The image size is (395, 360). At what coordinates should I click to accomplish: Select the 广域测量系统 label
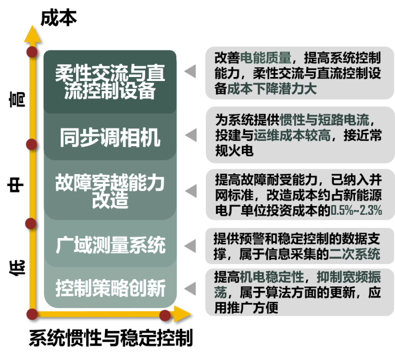110,245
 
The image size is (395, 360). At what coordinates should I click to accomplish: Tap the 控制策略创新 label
110,288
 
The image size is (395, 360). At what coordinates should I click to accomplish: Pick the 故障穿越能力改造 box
110,192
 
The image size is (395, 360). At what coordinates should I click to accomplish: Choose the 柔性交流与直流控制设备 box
110,82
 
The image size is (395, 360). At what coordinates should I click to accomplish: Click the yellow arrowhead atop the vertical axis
32,33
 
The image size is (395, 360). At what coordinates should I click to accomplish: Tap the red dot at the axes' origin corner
32,314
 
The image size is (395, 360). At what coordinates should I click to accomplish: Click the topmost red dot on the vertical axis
32,52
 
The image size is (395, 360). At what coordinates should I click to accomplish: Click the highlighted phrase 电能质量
266,57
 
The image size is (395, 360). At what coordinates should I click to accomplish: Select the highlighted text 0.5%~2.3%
356,211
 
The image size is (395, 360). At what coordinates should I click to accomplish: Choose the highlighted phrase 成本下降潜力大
272,88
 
